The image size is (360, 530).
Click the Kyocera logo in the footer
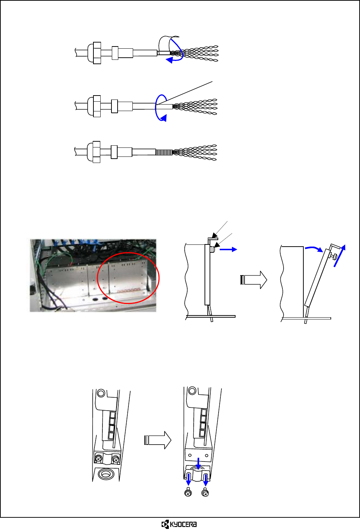pos(179,524)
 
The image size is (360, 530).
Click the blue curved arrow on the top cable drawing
pos(175,60)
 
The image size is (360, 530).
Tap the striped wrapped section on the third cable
pos(164,152)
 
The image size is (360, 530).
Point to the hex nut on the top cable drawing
pos(97,53)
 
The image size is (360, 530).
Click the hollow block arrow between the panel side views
pos(254,280)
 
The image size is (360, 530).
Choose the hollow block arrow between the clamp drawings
pos(158,440)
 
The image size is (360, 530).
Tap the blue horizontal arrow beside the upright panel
pos(228,249)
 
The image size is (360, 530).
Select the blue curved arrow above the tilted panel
pos(313,249)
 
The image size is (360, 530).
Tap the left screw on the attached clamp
pos(98,459)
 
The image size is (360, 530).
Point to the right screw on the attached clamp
pos(115,459)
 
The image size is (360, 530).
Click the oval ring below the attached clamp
pos(106,474)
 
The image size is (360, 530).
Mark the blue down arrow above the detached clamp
pos(198,463)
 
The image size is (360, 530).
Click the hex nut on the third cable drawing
pos(96,152)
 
